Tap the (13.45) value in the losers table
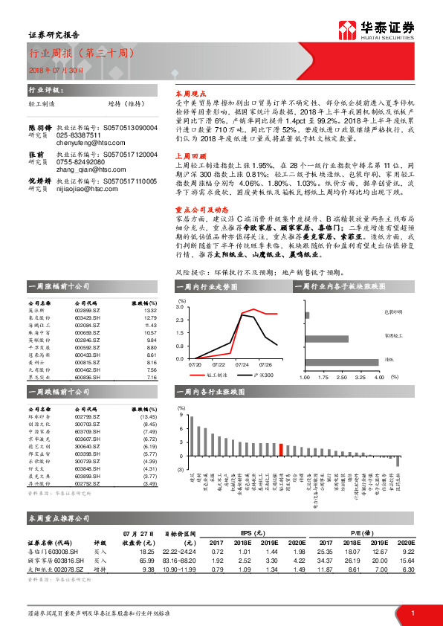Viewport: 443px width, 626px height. (x=149, y=419)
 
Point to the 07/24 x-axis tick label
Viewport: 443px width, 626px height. (x=242, y=365)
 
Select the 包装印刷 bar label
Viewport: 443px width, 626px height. (x=393, y=312)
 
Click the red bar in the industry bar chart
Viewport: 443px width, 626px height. (x=281, y=448)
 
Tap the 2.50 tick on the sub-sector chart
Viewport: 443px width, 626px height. (x=343, y=377)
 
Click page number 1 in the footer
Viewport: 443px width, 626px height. (x=412, y=613)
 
